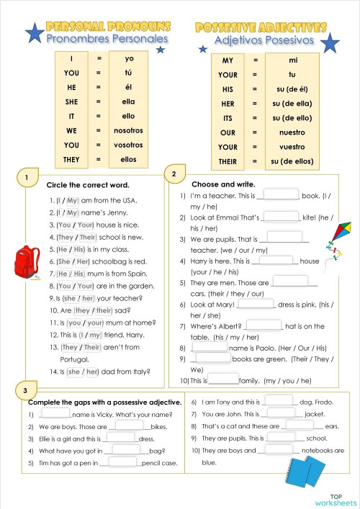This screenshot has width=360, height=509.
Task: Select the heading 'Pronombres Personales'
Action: coord(107,39)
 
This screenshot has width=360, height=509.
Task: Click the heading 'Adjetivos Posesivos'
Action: coord(264,40)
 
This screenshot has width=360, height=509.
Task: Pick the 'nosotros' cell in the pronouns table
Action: coord(128,131)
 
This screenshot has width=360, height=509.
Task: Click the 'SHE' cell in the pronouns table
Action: coord(71,102)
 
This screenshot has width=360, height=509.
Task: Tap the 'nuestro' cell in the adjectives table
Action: coord(292,132)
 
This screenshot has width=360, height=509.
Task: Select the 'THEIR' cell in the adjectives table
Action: coord(228,162)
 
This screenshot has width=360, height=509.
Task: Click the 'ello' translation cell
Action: coord(128,117)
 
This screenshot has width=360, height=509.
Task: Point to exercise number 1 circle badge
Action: coord(27,178)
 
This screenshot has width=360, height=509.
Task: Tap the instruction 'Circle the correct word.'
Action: coord(88,185)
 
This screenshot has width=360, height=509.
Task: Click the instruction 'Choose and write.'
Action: coord(223,184)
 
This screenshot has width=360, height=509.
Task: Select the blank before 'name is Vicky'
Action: coord(56,413)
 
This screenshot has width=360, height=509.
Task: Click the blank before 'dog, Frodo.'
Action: coord(280,400)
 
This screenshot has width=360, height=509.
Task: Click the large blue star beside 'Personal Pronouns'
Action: coord(33,32)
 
